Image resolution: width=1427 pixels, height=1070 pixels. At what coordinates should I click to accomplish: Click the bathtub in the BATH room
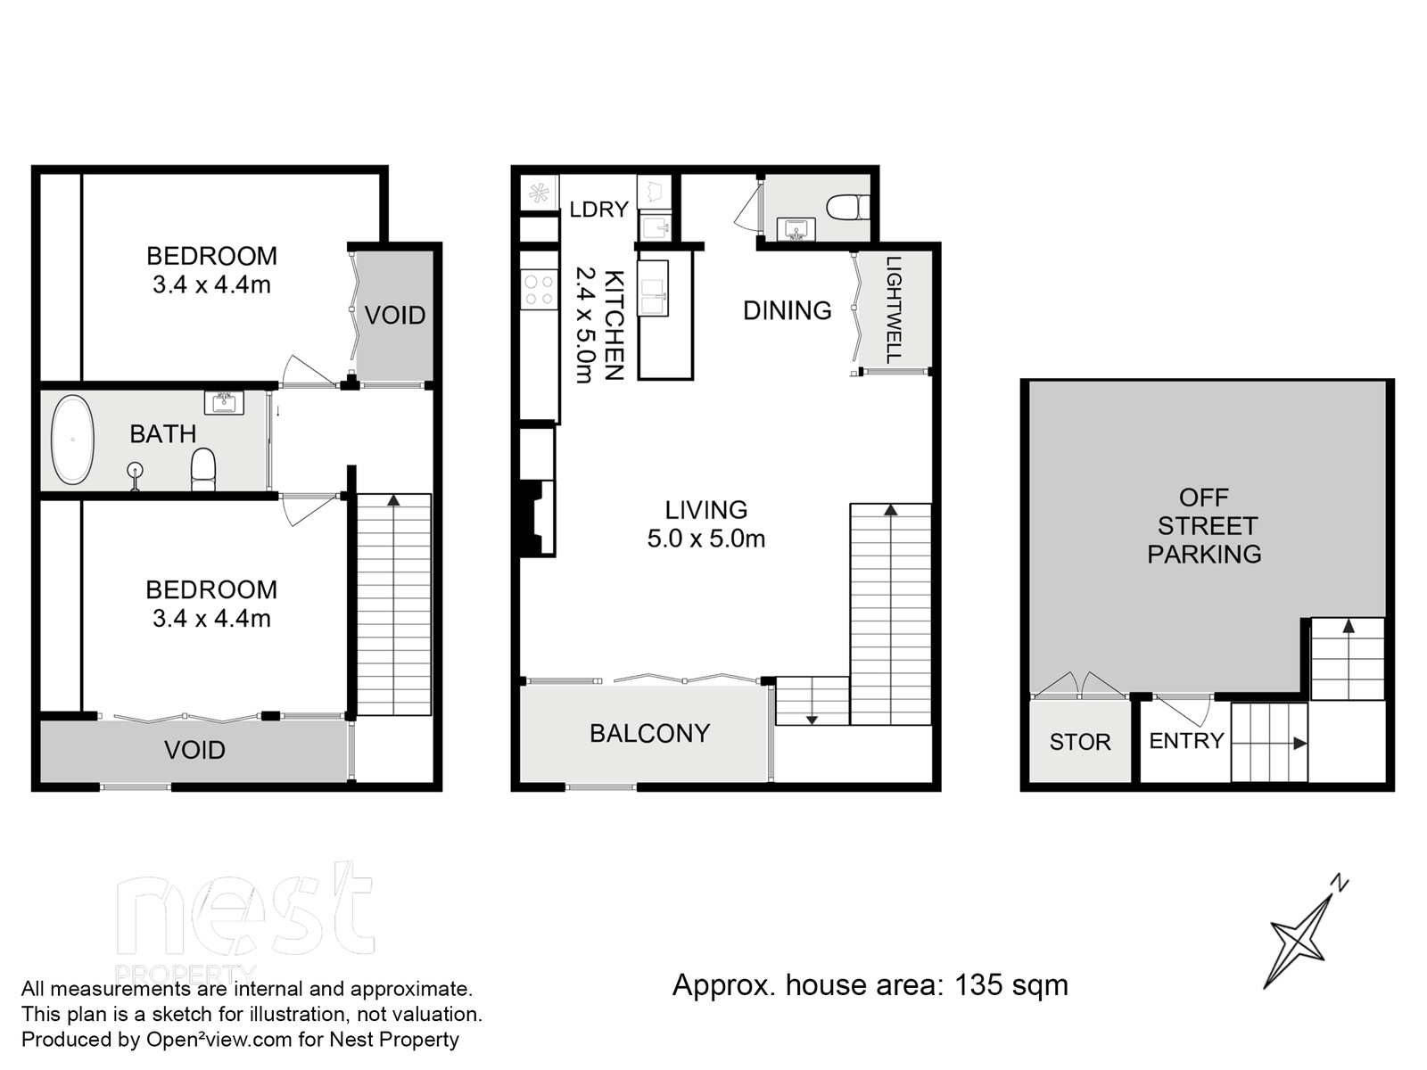tap(72, 440)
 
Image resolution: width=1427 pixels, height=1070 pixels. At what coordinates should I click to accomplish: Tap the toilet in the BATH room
tap(202, 468)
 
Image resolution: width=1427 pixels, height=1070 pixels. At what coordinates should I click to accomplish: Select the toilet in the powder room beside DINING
tap(848, 208)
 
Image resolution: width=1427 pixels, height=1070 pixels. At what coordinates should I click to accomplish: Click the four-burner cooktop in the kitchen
tap(539, 290)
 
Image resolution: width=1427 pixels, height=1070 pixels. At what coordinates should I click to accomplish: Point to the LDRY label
tap(598, 210)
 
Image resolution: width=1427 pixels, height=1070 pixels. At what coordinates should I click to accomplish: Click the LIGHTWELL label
tap(894, 309)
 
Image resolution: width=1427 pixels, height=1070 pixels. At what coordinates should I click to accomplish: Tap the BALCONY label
tap(649, 733)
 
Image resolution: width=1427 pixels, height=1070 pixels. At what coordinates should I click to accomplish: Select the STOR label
tap(1080, 742)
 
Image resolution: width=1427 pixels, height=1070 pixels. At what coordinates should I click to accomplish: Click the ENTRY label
tap(1186, 741)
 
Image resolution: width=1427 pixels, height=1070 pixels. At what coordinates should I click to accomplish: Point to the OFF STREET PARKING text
tap(1204, 525)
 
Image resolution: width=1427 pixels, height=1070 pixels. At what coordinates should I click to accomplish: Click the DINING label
tap(788, 310)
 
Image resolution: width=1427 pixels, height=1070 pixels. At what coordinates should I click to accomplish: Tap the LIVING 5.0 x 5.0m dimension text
tap(706, 524)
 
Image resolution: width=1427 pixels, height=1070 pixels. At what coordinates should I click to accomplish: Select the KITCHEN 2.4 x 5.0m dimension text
tap(599, 325)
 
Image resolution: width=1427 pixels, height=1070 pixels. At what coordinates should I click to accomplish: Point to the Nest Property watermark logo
tap(245, 923)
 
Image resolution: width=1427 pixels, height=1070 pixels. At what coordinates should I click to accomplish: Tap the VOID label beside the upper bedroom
tap(394, 315)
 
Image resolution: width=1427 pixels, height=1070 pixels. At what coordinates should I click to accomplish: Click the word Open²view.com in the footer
tap(219, 1040)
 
